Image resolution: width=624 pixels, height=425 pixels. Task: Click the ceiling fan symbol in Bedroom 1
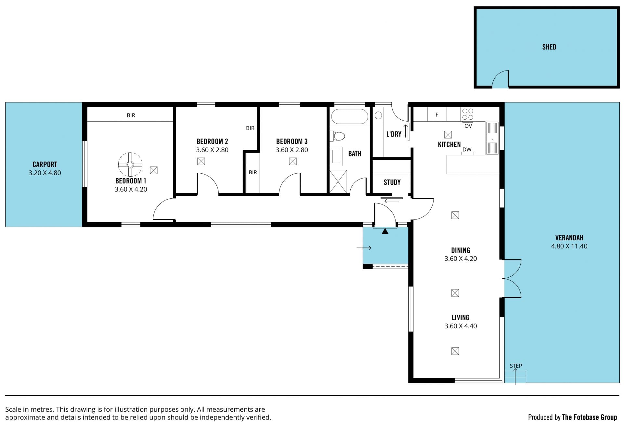130,165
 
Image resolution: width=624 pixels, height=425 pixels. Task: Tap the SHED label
549,47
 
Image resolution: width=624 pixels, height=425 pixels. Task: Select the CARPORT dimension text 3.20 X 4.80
45,173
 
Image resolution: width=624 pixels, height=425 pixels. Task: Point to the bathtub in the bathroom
349,116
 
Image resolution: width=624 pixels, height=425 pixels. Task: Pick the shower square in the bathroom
338,181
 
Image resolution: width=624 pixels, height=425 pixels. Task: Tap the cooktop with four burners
468,114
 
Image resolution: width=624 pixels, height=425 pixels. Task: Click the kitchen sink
492,138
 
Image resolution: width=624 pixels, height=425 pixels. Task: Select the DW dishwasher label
467,150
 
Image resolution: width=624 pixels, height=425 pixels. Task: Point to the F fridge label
437,115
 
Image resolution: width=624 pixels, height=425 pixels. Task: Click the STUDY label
392,182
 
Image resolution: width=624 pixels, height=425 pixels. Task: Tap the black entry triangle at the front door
385,231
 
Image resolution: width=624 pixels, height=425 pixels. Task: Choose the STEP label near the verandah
516,366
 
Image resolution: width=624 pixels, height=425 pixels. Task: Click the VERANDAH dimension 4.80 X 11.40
569,246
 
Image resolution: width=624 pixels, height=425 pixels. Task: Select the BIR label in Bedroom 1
131,115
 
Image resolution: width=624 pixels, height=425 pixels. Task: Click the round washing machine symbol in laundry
378,115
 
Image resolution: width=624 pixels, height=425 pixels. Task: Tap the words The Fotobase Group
590,417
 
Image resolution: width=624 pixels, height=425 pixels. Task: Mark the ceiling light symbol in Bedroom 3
293,161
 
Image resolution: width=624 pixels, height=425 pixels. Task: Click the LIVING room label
461,318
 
